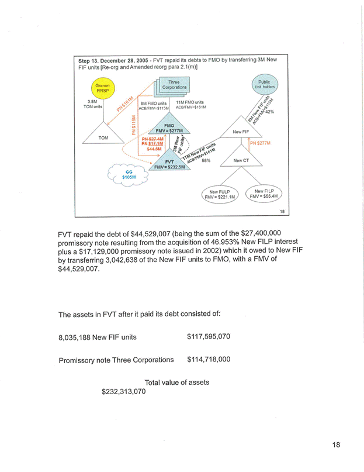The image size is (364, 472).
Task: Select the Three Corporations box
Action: point(174,85)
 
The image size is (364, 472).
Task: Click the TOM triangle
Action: point(103,137)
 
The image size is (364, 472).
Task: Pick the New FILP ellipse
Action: point(264,194)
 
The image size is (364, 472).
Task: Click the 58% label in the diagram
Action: point(206,161)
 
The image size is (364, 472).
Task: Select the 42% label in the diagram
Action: point(269,112)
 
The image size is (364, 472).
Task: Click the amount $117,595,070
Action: point(209,337)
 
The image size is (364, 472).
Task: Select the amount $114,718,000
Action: point(209,360)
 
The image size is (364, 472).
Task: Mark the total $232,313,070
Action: point(124,392)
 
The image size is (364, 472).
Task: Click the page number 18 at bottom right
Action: point(336,445)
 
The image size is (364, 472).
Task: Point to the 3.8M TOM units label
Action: point(93,104)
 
